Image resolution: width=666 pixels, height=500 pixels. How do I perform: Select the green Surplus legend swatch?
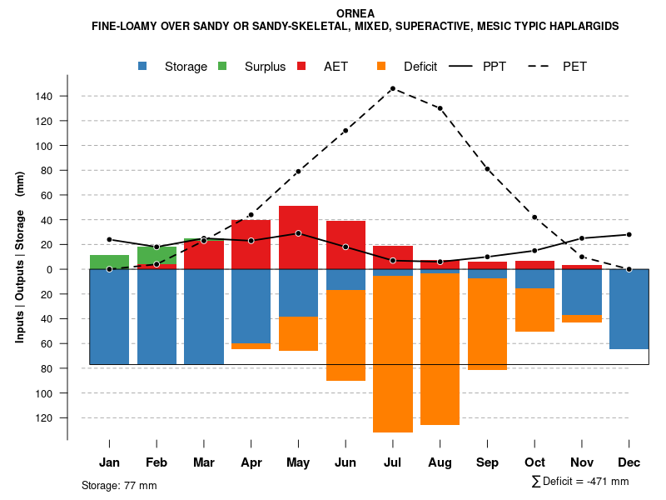[x=222, y=66]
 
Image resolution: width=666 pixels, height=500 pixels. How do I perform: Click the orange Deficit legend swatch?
[x=381, y=66]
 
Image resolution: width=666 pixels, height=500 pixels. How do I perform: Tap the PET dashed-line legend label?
[x=574, y=67]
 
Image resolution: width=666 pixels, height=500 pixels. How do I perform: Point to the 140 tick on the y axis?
[x=43, y=97]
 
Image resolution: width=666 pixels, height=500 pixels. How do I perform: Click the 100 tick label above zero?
[x=43, y=146]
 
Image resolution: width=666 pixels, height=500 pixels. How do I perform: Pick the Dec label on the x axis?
[x=629, y=462]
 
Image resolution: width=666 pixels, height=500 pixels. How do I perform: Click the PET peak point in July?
[x=392, y=88]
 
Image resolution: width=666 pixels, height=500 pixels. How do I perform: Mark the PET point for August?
[x=440, y=108]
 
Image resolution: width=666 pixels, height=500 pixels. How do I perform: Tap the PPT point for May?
[x=298, y=233]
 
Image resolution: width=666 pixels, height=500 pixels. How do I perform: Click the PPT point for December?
[x=629, y=235]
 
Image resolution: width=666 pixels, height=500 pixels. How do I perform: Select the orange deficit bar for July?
[x=392, y=354]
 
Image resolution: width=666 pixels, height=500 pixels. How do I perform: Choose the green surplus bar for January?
[x=109, y=262]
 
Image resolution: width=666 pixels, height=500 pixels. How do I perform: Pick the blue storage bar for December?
[x=629, y=308]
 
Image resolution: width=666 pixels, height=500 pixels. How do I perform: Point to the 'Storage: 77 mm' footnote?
[x=119, y=485]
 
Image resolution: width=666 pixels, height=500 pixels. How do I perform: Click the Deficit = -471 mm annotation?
[x=580, y=482]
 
